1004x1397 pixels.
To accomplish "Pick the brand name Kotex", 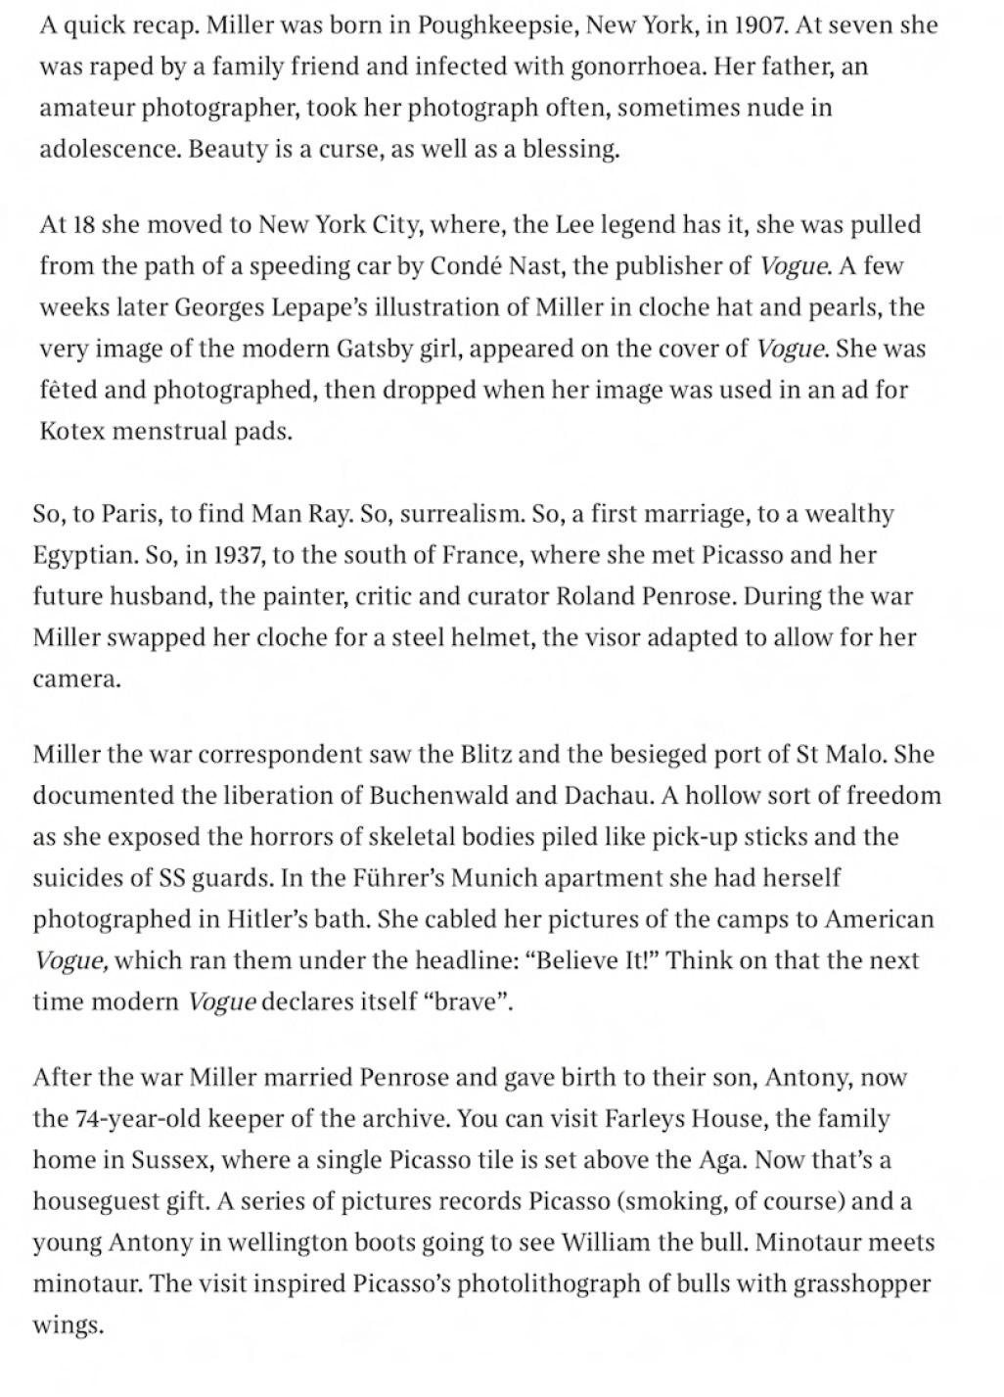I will pyautogui.click(x=71, y=432).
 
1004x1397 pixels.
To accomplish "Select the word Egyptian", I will pyautogui.click(x=85, y=555).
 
